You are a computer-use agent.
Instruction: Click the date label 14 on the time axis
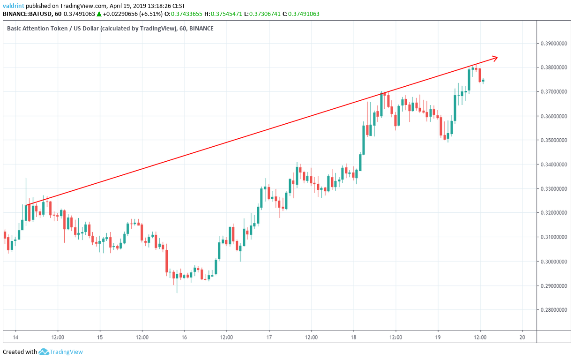click(15, 337)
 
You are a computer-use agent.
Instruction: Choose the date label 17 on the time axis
click(269, 337)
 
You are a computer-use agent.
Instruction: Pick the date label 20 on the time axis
click(522, 337)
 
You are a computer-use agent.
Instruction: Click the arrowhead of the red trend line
click(496, 58)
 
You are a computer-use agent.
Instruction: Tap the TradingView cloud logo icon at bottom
click(44, 352)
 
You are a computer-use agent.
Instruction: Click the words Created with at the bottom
click(20, 352)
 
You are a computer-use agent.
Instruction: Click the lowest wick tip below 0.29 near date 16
click(177, 292)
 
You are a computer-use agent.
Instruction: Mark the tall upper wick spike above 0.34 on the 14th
click(26, 179)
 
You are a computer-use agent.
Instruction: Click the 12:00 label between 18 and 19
click(395, 337)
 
